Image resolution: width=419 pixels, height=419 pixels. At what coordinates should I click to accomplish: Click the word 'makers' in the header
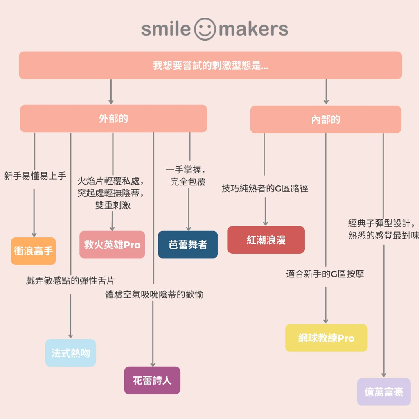[254, 29]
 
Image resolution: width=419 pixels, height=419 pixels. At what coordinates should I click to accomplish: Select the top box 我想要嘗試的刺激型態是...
[210, 65]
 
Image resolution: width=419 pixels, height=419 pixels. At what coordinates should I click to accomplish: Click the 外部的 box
[113, 119]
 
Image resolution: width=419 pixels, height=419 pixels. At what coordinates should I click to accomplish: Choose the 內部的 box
[325, 119]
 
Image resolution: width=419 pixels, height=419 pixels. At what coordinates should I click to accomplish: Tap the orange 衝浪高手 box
[33, 251]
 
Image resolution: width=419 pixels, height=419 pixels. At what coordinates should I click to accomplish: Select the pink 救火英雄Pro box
[112, 245]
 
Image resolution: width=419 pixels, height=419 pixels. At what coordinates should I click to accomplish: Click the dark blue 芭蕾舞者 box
[188, 245]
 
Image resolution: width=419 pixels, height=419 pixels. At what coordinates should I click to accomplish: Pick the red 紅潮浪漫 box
[266, 240]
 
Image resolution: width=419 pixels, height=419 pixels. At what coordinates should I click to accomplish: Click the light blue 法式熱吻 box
[70, 353]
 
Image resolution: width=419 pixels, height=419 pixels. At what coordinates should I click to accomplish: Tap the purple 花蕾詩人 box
[152, 381]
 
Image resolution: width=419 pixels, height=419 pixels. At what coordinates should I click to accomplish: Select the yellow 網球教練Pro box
[326, 338]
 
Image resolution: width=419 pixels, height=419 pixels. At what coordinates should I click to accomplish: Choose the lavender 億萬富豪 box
[384, 392]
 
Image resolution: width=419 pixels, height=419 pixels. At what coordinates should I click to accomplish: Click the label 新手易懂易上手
[35, 176]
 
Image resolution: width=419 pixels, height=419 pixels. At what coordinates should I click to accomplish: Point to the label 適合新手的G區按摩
[325, 274]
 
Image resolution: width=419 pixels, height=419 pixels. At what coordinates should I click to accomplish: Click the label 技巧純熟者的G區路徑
[265, 189]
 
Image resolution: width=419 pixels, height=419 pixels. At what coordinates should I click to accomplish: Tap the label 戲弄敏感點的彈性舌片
[70, 281]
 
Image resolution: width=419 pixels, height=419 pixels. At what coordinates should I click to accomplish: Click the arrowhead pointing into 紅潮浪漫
[266, 223]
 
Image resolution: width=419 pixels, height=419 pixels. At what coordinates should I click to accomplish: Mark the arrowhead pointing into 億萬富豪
[384, 374]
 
